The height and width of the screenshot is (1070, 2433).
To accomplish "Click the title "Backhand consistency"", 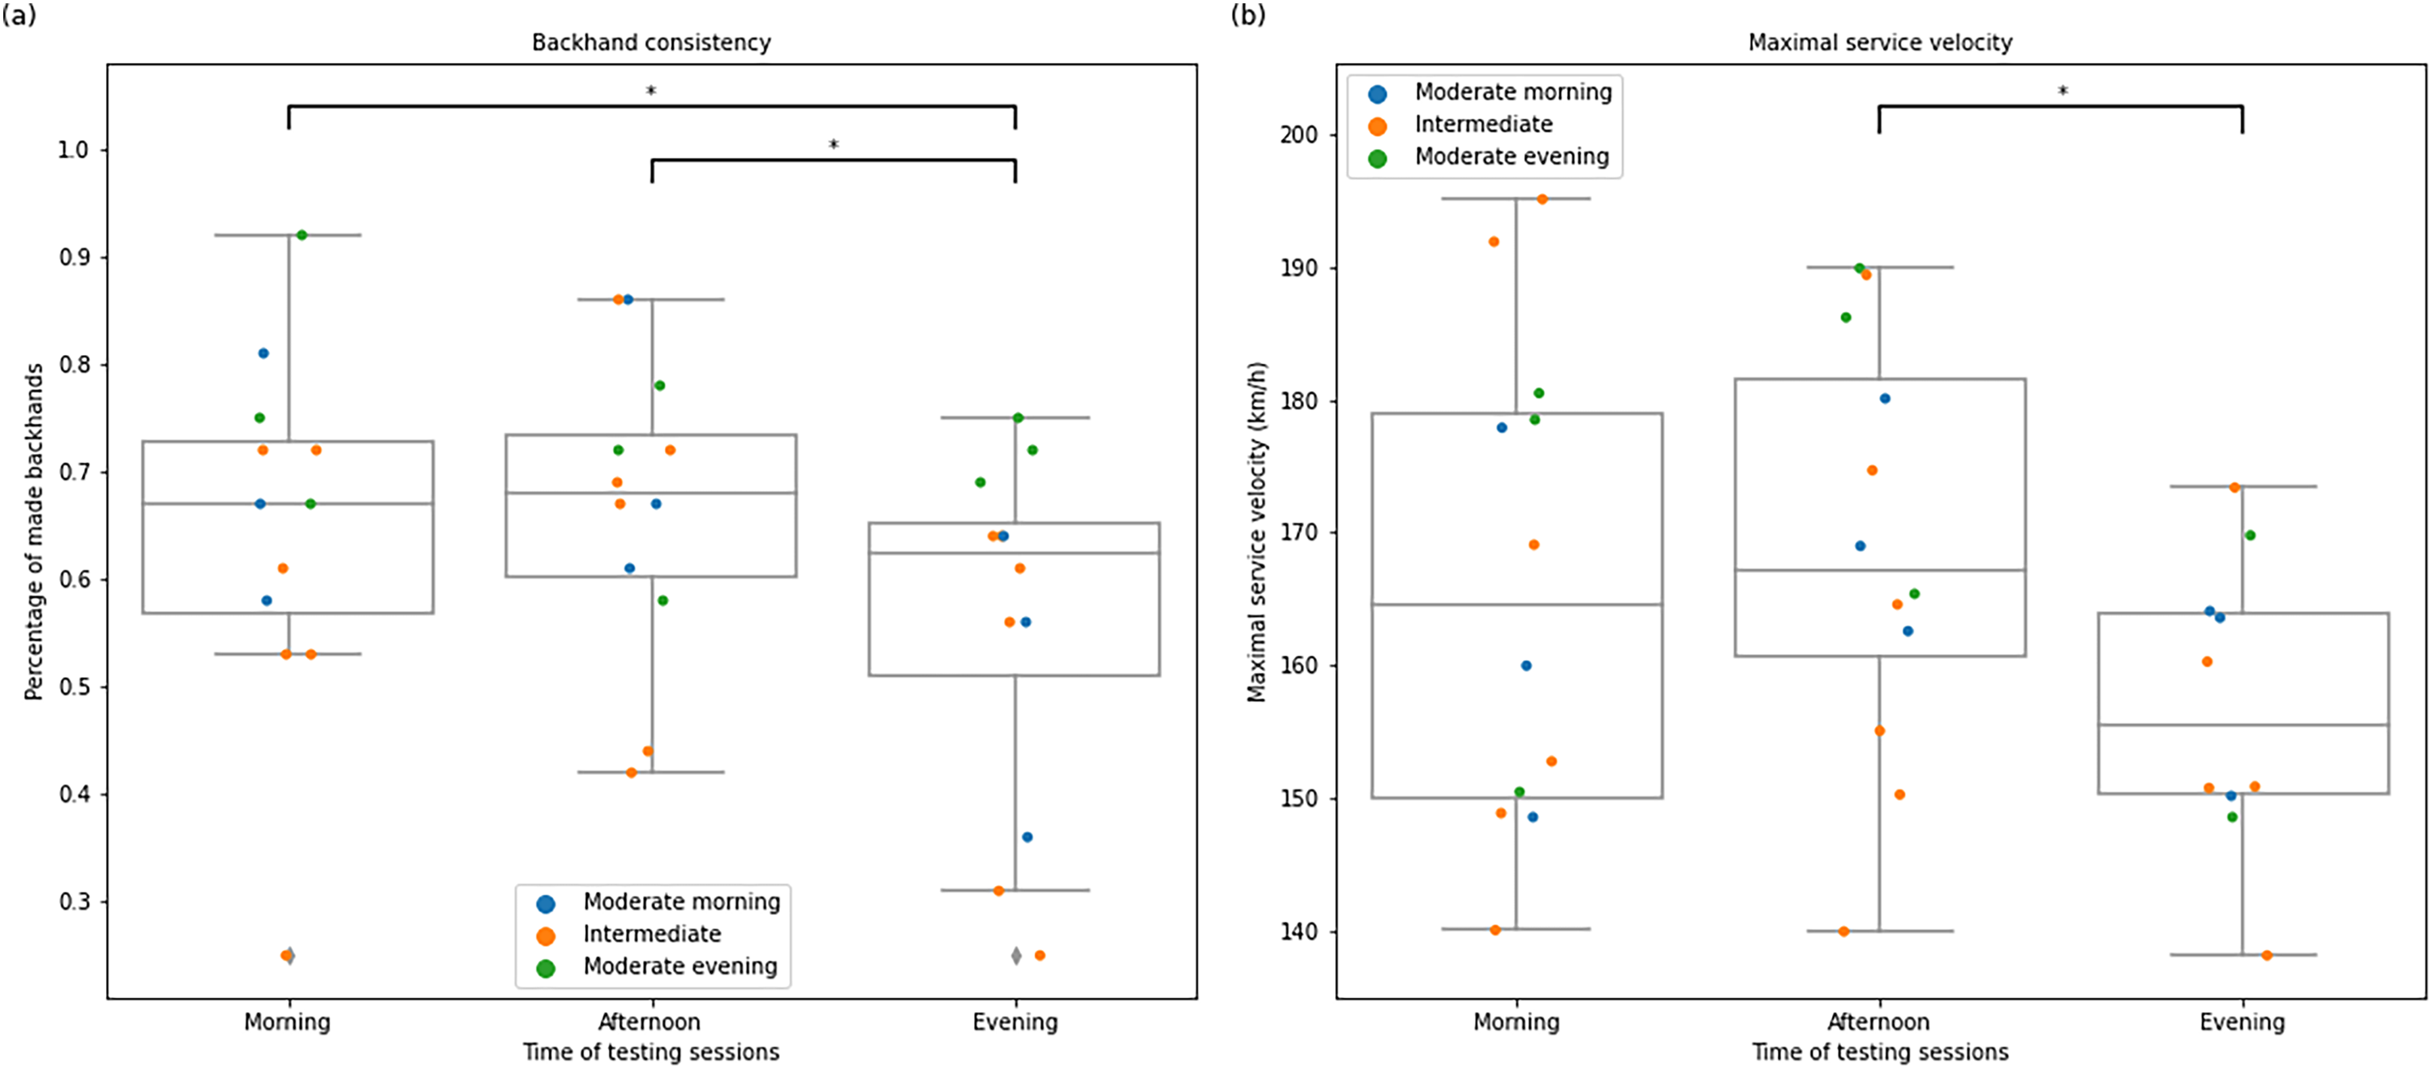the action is (x=651, y=43).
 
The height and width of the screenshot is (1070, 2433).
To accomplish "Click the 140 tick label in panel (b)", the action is (x=1299, y=932).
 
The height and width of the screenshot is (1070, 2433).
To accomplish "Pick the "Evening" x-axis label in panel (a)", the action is (x=1015, y=1022).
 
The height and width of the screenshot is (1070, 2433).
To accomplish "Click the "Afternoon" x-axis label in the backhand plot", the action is (x=650, y=1022).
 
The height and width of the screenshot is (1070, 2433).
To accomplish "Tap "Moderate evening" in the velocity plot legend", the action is (x=1512, y=157).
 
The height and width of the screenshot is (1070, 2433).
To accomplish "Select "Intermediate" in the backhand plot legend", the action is (x=652, y=934).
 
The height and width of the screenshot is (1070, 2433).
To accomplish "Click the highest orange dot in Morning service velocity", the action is (x=1543, y=199).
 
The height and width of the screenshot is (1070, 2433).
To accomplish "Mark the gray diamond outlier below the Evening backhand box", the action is (x=1016, y=956).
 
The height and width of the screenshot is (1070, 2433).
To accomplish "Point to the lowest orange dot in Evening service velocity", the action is (x=2267, y=956).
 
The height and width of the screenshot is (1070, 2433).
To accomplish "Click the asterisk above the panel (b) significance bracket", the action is (x=2063, y=91).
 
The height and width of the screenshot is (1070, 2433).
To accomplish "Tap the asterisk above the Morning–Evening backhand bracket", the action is (x=651, y=91).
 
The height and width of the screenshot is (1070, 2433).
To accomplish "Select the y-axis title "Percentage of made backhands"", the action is (x=34, y=532).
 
